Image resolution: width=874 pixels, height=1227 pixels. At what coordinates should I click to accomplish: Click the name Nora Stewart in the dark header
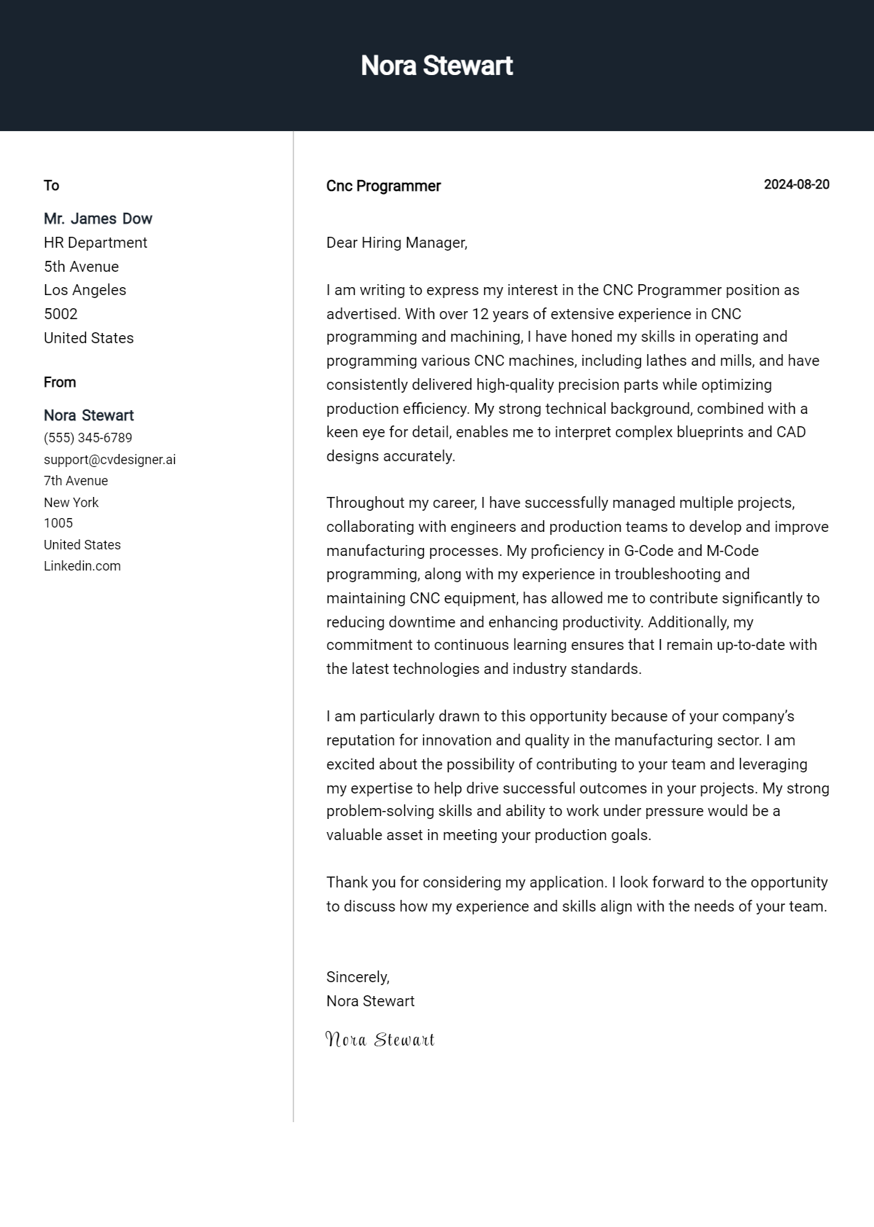(436, 66)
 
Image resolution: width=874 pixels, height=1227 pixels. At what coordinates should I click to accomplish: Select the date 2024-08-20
(796, 184)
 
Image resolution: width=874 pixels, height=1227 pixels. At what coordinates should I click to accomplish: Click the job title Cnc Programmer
(383, 186)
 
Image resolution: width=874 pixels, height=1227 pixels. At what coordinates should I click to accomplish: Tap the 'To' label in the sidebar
(51, 185)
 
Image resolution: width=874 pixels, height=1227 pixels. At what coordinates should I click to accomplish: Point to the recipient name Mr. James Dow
(98, 219)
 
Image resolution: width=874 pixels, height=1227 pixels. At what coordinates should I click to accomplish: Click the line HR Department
(95, 243)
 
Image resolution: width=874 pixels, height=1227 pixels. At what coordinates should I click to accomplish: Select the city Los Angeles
(84, 290)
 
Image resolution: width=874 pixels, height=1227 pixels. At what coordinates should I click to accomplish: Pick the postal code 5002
(60, 314)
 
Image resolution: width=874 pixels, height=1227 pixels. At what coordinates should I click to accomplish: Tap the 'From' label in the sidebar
(60, 382)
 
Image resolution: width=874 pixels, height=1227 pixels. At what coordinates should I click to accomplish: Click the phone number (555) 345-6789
(88, 438)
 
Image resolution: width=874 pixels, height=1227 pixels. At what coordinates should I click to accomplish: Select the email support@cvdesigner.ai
(109, 460)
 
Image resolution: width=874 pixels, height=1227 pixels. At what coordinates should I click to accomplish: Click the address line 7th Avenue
(76, 481)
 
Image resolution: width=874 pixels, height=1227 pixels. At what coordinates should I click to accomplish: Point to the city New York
(71, 502)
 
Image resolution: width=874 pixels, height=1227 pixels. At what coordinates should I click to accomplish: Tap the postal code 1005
(58, 523)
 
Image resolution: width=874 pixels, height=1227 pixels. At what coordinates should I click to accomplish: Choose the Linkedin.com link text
(82, 566)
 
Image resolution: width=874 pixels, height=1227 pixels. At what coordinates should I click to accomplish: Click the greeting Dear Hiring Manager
(396, 243)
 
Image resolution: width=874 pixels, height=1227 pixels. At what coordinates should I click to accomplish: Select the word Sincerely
(358, 977)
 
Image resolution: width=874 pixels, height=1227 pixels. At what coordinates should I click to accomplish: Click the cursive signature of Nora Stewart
(379, 1040)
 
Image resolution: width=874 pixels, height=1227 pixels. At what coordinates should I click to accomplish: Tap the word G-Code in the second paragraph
(649, 551)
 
